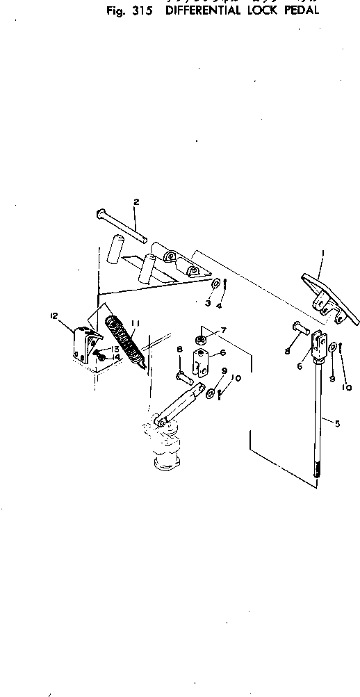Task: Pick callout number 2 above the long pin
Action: [136, 202]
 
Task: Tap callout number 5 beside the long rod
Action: [337, 423]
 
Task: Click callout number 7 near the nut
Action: [224, 329]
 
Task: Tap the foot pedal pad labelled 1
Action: [327, 295]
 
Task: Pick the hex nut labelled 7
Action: [199, 339]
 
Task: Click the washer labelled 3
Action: [217, 284]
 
